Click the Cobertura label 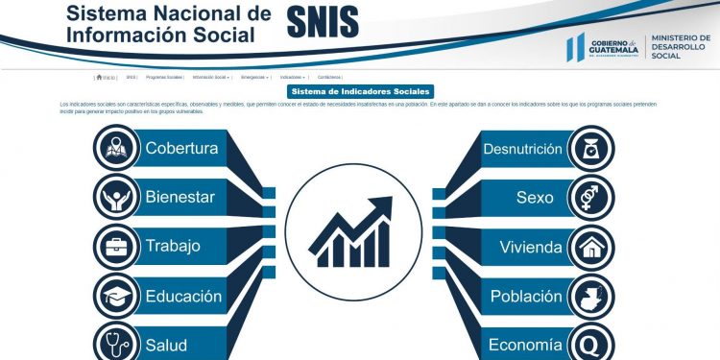181,148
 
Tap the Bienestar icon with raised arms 116,197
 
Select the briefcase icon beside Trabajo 116,246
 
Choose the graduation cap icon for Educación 116,297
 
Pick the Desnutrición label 522,149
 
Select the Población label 526,297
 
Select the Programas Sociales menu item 164,77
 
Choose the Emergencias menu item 254,77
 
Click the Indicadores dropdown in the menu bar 293,77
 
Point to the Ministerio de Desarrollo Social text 679,47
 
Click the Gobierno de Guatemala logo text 614,48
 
